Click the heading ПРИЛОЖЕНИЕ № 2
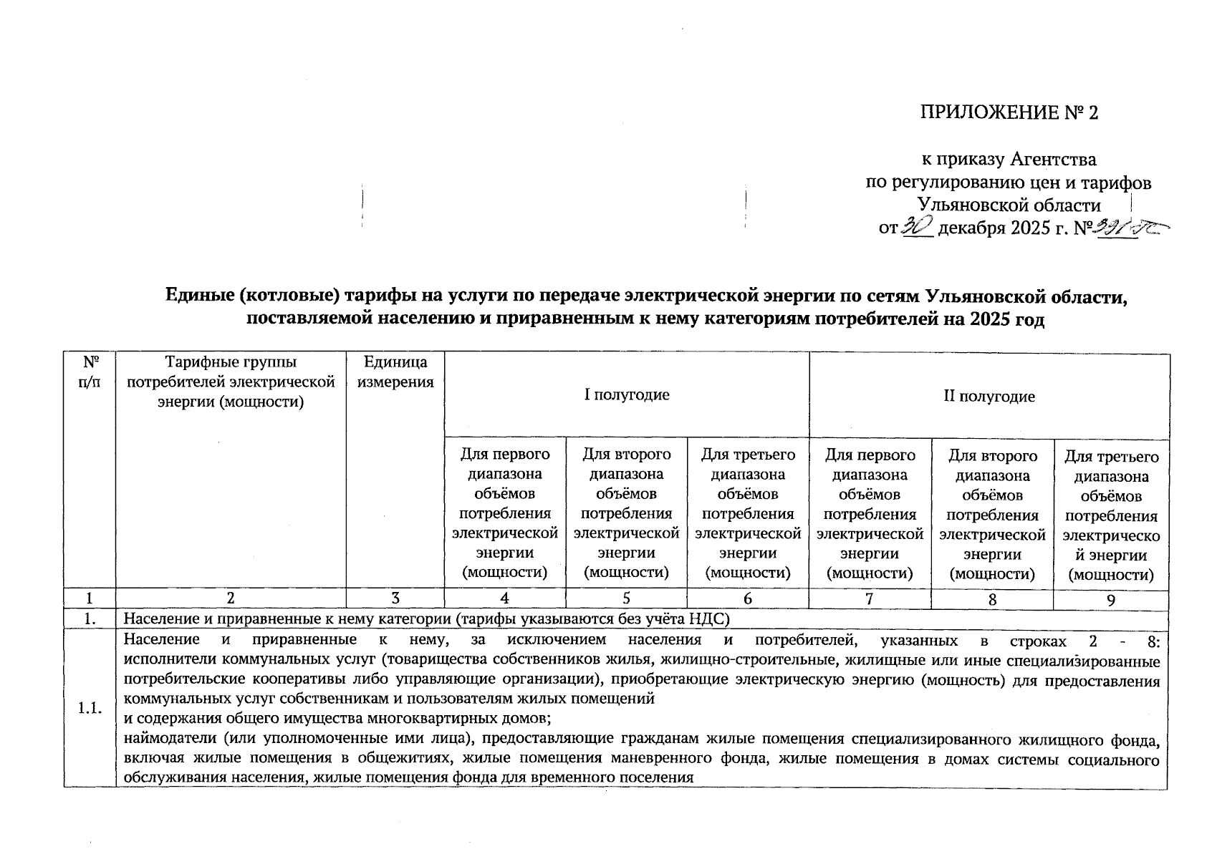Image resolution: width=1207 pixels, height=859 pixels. tap(1009, 113)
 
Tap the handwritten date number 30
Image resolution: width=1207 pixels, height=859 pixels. tap(919, 226)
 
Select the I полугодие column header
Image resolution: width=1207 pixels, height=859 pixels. tap(627, 395)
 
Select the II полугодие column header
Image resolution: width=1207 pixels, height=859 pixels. tap(989, 397)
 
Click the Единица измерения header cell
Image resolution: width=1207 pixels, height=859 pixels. tap(395, 372)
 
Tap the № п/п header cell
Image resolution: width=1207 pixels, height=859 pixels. tap(90, 372)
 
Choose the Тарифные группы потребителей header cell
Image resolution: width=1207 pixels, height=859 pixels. tap(231, 382)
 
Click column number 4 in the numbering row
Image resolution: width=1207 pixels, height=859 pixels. tap(505, 599)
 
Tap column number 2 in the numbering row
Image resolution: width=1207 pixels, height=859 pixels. tap(231, 599)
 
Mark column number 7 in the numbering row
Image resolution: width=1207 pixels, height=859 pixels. tap(870, 599)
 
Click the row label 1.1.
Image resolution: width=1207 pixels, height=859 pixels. tap(90, 709)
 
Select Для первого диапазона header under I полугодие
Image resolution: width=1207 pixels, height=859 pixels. tap(505, 513)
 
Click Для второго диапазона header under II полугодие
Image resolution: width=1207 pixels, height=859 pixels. tap(992, 514)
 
